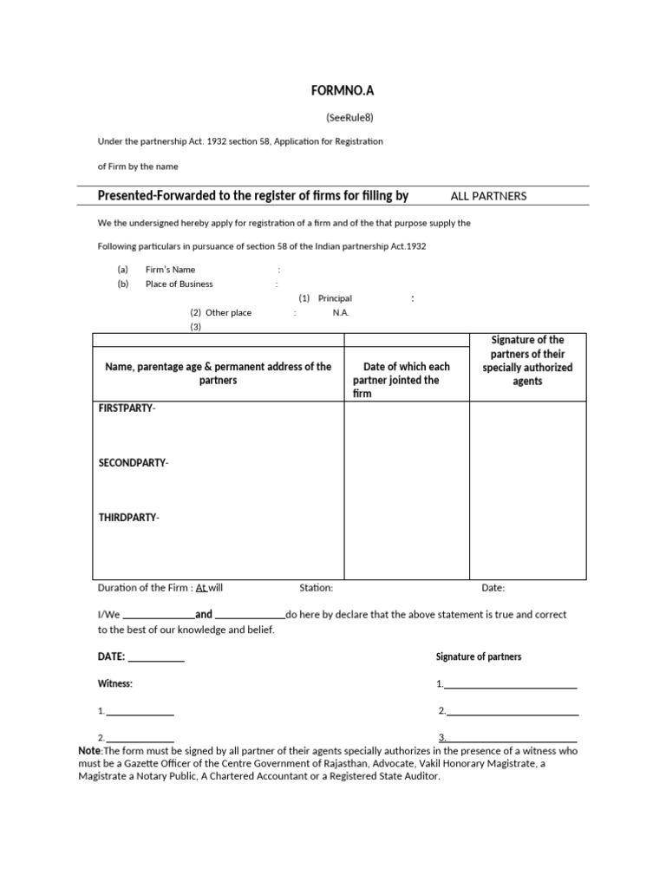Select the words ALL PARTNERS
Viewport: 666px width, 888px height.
click(488, 196)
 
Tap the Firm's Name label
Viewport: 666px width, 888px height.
click(171, 270)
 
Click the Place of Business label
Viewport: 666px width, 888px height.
click(179, 284)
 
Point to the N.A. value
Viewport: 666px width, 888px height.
click(341, 312)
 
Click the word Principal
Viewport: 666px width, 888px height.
click(335, 298)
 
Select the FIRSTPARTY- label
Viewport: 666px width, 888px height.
click(127, 408)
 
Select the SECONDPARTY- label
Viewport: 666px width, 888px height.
click(134, 463)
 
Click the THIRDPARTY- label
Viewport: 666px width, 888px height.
click(128, 518)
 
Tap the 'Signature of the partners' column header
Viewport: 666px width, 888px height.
click(527, 360)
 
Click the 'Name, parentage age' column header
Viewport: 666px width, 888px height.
click(218, 374)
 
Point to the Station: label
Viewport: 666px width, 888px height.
click(316, 588)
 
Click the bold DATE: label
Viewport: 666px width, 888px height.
click(112, 656)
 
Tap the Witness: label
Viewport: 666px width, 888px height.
click(114, 683)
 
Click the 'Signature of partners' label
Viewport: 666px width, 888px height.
click(479, 656)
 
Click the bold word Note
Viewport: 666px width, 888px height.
click(89, 750)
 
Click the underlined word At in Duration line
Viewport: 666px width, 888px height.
click(201, 588)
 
